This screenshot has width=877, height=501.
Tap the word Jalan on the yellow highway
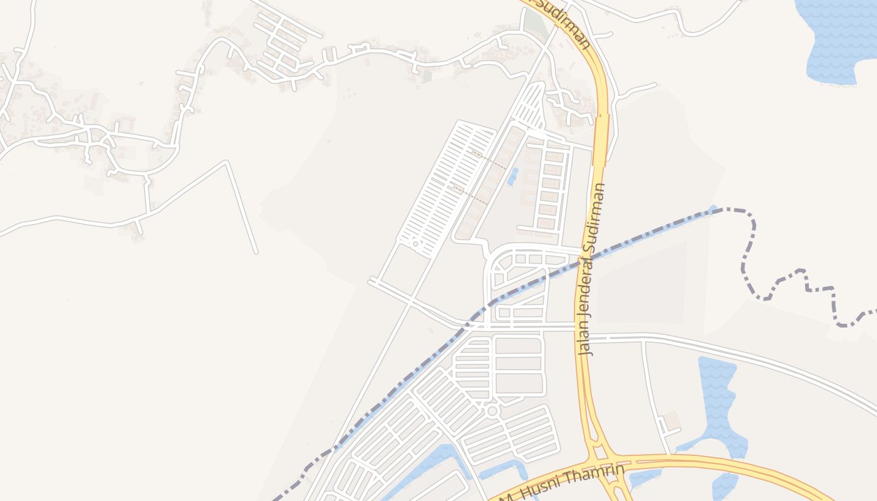click(x=585, y=338)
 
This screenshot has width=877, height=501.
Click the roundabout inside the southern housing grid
click(x=492, y=411)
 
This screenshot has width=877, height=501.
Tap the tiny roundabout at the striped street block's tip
click(x=415, y=242)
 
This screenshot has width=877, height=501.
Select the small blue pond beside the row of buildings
click(x=513, y=177)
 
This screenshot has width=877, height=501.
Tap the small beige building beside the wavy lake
click(x=672, y=421)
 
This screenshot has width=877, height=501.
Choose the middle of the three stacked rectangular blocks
click(x=518, y=363)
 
